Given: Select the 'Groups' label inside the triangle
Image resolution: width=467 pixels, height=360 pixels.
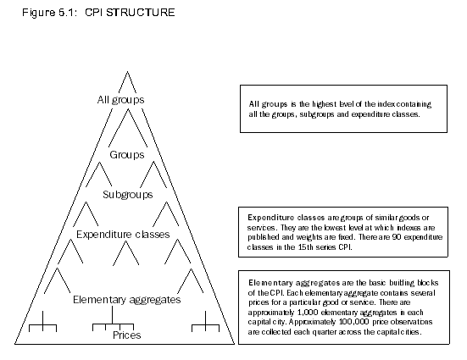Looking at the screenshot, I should click(127, 155).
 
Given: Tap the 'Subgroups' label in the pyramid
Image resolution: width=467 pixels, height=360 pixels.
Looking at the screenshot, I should click(127, 194).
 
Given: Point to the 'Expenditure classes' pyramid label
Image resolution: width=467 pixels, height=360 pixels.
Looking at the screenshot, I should click(123, 234).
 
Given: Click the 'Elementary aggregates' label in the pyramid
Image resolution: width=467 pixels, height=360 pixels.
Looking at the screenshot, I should click(126, 299).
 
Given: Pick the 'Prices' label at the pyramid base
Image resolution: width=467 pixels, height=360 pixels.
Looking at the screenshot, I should click(126, 335).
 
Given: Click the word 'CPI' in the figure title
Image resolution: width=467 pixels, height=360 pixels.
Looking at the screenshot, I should click(94, 14).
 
